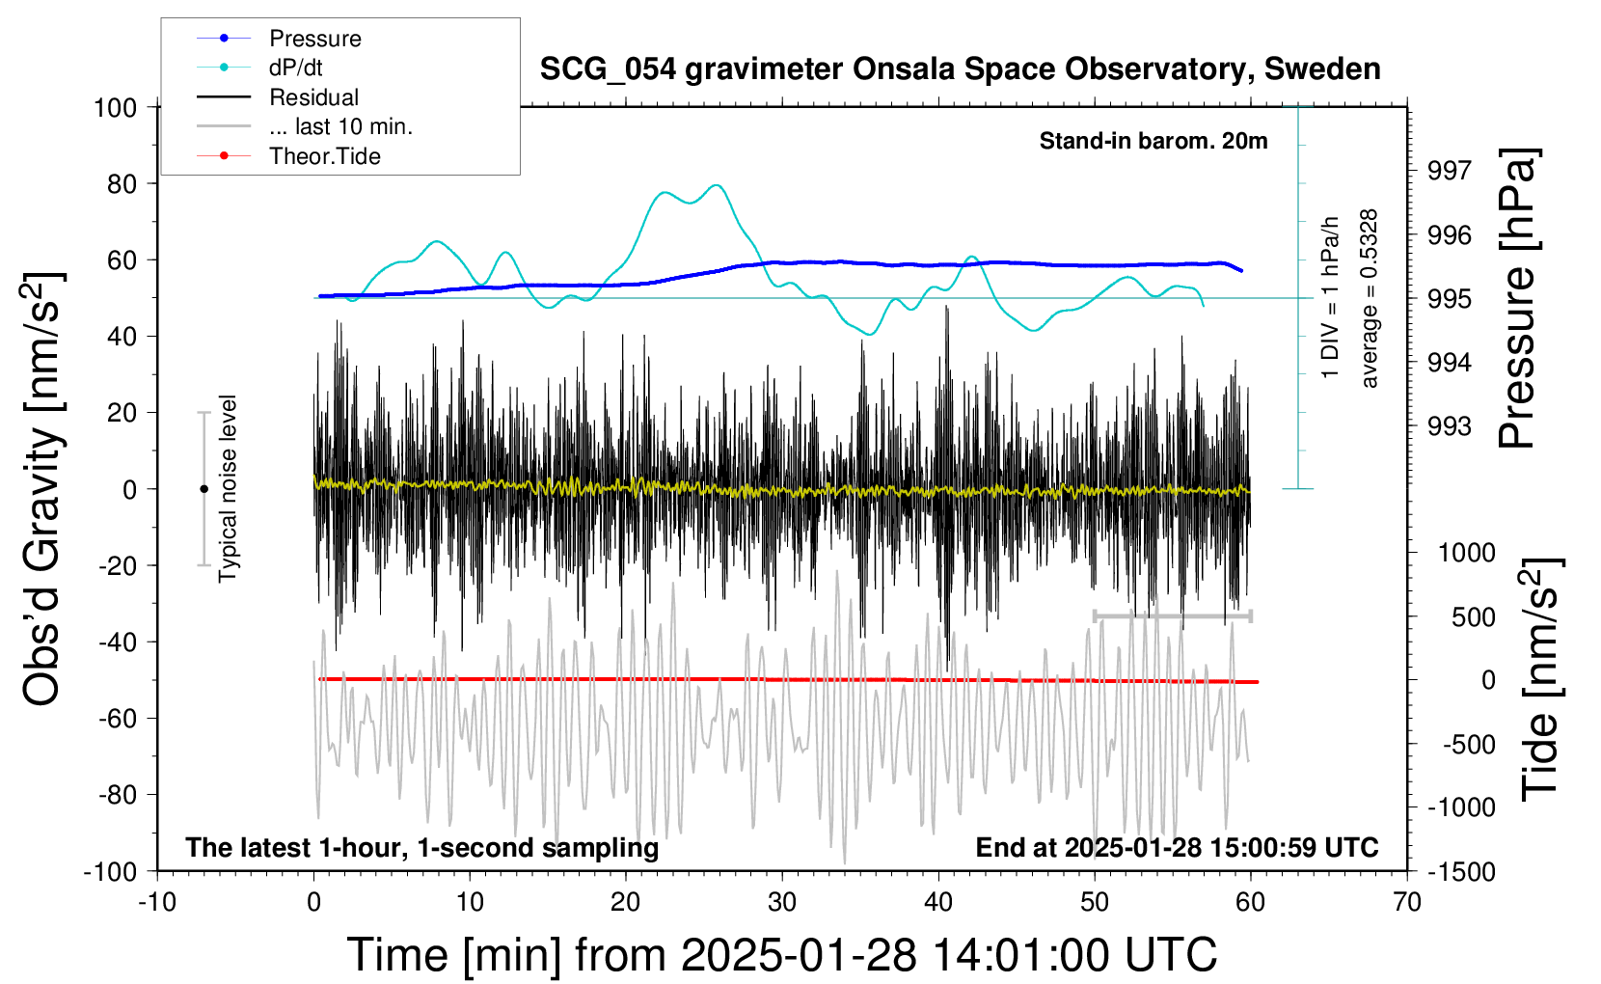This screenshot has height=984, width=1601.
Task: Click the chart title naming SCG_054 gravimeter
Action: point(960,69)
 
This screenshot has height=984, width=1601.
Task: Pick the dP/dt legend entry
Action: point(295,68)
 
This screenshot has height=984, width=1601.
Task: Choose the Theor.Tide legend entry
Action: point(324,156)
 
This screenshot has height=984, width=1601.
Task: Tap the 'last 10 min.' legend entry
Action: point(340,126)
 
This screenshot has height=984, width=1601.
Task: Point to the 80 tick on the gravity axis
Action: point(122,183)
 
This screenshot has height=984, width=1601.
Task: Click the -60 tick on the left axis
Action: point(117,718)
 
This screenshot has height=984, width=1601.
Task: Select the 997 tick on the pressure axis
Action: point(1450,171)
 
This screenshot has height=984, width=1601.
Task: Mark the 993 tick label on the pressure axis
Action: point(1450,426)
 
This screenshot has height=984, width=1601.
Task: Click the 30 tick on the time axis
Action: point(782,902)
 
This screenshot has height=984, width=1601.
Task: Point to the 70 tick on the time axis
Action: point(1407,902)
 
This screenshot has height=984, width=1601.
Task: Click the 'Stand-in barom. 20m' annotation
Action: point(1153,141)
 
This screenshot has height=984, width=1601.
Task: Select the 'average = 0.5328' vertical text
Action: point(1370,298)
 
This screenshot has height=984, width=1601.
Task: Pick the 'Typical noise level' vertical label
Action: point(228,488)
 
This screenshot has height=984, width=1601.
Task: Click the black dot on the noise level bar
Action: point(204,489)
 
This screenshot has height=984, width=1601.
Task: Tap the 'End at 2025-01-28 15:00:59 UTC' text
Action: point(1177,847)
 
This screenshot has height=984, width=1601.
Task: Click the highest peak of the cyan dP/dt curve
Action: point(716,185)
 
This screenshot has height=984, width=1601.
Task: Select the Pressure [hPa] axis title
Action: point(1517,298)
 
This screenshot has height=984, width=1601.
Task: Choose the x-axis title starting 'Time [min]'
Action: point(781,955)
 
